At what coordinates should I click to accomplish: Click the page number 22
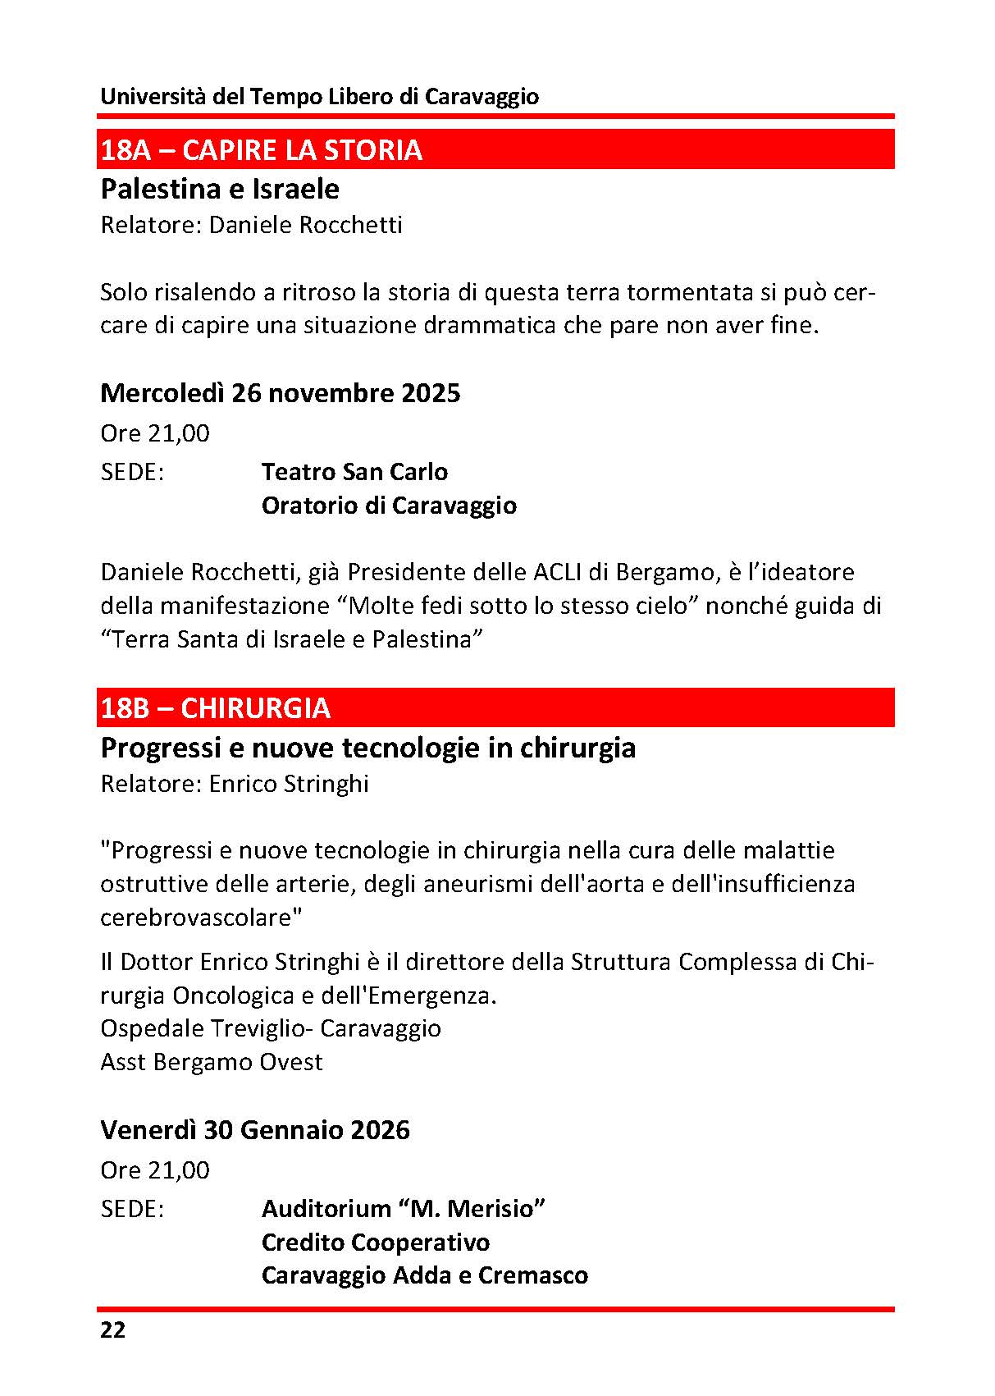click(113, 1330)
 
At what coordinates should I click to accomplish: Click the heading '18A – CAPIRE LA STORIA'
click(261, 150)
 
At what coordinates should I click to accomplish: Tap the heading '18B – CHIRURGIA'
click(215, 708)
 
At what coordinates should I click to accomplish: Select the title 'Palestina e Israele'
click(219, 190)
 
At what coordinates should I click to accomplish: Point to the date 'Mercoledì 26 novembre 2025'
click(280, 393)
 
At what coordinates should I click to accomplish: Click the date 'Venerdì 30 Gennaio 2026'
click(254, 1130)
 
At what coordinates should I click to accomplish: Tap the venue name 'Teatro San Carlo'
click(354, 472)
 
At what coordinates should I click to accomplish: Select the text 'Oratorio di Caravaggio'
click(389, 506)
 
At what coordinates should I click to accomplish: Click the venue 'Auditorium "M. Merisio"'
click(404, 1209)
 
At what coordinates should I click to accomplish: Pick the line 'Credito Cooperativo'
click(375, 1243)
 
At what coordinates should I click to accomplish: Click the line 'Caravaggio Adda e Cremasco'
click(424, 1275)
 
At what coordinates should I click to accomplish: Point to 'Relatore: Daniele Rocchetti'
click(251, 225)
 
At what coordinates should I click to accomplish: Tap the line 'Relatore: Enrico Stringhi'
click(235, 784)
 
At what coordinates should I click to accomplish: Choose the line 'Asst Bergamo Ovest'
click(212, 1062)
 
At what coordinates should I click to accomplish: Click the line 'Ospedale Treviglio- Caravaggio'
click(271, 1028)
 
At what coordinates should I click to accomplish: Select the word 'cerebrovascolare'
click(197, 918)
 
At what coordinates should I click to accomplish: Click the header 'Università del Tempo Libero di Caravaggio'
click(319, 97)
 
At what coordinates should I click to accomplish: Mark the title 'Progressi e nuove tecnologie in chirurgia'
click(367, 748)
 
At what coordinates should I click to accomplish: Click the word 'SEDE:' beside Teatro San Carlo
click(132, 472)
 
